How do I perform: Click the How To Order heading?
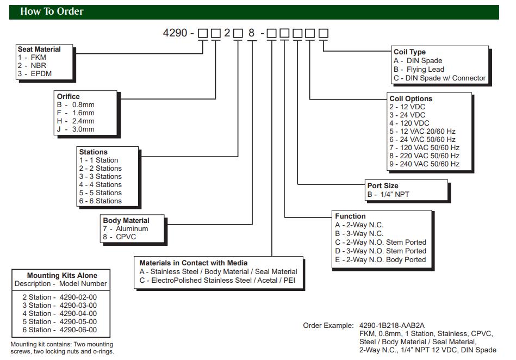(x=52, y=11)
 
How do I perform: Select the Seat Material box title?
(x=39, y=49)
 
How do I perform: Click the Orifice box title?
(x=68, y=97)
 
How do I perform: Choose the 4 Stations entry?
(x=101, y=185)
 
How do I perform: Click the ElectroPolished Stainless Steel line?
(x=217, y=280)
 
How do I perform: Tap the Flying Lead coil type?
(x=419, y=70)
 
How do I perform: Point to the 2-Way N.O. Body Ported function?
(x=381, y=259)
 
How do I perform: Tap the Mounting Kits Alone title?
(x=62, y=276)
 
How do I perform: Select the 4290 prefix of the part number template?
(x=175, y=33)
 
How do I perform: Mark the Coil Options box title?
(x=411, y=99)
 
